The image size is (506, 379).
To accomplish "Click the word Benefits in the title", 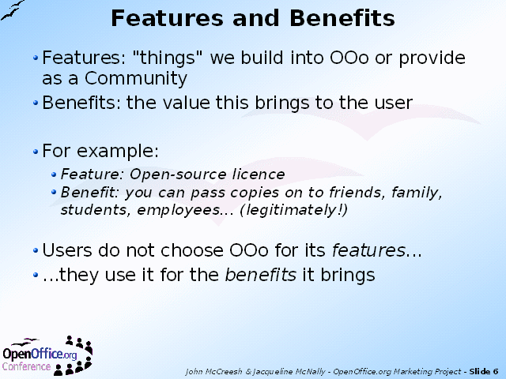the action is pos(342,18).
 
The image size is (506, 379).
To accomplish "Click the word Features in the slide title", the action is pos(167,18).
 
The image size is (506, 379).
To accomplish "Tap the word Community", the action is pos(136,78).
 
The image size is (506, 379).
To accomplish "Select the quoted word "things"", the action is pos(167,58).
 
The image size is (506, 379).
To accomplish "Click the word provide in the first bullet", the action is pos(432,58).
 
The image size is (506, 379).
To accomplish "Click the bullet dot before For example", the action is pos(36,151).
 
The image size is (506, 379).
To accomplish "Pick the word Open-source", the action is pos(177,174).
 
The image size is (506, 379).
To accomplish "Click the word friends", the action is pos(357,193).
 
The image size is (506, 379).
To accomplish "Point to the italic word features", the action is pos(368,250).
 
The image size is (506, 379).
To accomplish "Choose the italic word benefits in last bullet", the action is pos(260,275).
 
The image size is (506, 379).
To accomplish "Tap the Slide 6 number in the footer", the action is pos(484,372).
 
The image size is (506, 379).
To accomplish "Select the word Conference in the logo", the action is pos(26,366).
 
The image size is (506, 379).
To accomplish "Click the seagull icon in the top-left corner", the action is pos(13,10).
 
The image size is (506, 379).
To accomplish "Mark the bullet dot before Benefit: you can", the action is pos(54,193).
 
